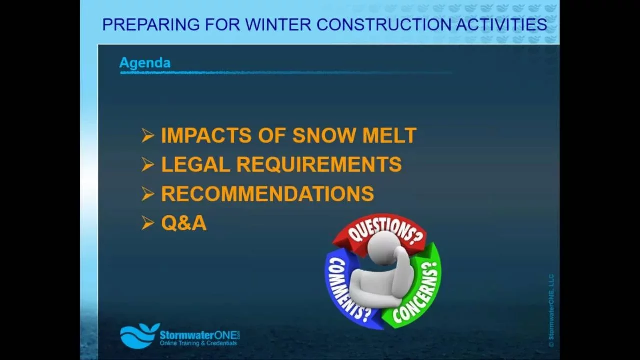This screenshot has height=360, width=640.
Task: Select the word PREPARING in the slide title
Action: (x=151, y=24)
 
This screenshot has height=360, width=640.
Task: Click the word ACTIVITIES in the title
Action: (x=501, y=24)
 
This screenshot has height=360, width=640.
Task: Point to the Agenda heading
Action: (x=145, y=63)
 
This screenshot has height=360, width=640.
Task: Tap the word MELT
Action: (x=389, y=135)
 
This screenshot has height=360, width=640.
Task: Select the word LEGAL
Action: (x=196, y=164)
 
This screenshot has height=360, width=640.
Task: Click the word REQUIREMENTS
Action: (x=319, y=165)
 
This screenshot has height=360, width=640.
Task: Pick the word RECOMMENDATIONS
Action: (x=267, y=194)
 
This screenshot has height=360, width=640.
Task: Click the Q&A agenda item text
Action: (x=184, y=223)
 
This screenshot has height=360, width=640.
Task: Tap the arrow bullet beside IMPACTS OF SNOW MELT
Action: (x=148, y=135)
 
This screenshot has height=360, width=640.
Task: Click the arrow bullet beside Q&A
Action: (x=148, y=223)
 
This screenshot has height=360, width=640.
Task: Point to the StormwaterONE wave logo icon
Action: (x=139, y=336)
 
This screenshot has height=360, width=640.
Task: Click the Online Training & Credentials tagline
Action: (x=198, y=343)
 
